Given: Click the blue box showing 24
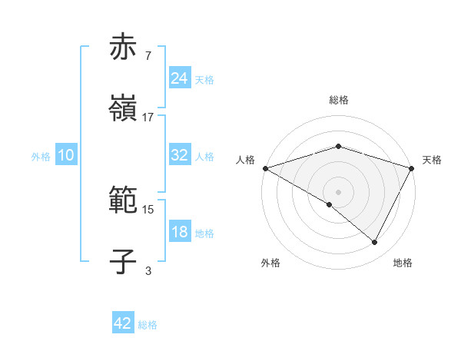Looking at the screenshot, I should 180,78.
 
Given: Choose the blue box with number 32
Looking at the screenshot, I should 180,155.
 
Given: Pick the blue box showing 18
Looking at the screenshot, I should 180,232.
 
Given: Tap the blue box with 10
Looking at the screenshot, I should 66,155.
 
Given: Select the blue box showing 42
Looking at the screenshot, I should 123,323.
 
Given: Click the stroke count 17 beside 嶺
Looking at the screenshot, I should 148,118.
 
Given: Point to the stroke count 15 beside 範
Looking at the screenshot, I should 148,209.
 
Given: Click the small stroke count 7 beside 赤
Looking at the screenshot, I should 148,55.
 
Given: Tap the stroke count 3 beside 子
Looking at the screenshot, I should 148,270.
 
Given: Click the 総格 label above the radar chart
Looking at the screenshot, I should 338,100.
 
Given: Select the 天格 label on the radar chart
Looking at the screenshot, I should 432,160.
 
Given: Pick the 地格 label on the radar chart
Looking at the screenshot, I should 403,263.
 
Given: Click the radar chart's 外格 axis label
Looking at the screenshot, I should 270,263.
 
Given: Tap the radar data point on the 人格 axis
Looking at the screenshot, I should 265,167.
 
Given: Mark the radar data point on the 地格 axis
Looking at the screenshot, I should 375,242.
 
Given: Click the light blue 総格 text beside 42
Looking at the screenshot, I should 148,325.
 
